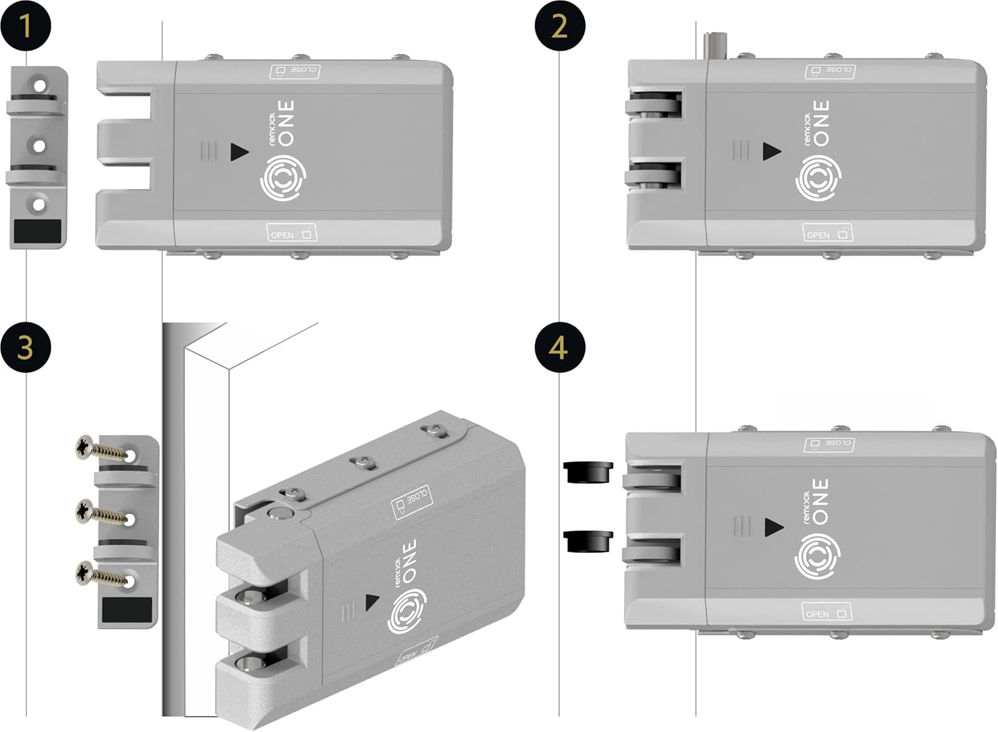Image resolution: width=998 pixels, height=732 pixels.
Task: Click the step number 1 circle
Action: [25, 26]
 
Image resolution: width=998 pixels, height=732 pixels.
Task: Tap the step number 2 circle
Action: [560, 26]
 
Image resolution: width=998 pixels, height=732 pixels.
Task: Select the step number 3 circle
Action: [25, 347]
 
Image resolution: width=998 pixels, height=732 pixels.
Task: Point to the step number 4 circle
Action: [560, 347]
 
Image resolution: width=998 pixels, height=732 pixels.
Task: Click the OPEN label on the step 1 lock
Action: [291, 233]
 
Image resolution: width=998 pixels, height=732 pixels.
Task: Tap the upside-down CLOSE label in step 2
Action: [830, 71]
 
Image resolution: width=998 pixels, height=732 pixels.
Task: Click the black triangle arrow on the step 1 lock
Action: [239, 152]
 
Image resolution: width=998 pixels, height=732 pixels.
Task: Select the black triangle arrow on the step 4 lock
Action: [774, 528]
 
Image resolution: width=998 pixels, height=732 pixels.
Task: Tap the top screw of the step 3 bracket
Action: [103, 450]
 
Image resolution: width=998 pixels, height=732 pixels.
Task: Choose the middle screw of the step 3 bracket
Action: [103, 514]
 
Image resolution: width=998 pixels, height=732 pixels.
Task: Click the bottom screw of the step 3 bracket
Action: [103, 574]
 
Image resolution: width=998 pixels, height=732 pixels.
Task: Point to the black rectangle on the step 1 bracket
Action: [37, 232]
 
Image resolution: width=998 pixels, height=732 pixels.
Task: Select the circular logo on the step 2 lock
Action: [818, 178]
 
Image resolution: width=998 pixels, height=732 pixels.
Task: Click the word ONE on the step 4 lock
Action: [821, 500]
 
